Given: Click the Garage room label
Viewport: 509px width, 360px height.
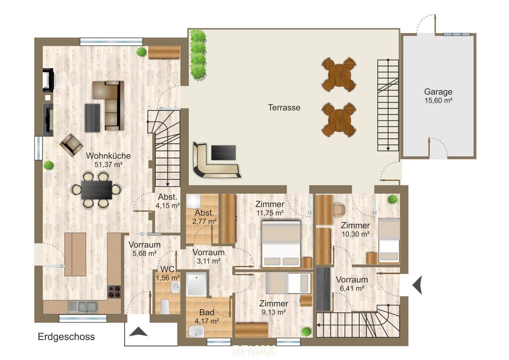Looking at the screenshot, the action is [438, 92].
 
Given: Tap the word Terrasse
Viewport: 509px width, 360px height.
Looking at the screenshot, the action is [284, 107].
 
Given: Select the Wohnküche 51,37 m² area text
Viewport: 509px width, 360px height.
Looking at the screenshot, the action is [108, 160].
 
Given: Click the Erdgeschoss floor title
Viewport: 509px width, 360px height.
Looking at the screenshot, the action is [66, 337].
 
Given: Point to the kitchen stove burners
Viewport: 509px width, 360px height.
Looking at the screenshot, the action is [114, 292].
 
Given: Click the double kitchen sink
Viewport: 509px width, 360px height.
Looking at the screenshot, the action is [83, 307].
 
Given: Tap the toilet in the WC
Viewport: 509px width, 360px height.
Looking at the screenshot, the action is [165, 307].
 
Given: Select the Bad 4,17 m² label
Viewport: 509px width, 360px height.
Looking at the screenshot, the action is [207, 317].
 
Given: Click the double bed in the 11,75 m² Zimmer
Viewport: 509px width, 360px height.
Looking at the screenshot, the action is [281, 244].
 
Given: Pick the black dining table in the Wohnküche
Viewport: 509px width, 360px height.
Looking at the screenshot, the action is [97, 190].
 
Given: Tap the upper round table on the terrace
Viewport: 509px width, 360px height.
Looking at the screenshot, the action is [339, 75].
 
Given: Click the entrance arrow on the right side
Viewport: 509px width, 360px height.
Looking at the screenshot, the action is [418, 285].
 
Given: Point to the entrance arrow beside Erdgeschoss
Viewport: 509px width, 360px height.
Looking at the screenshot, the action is [138, 332].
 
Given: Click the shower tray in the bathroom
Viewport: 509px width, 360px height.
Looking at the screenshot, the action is [196, 284].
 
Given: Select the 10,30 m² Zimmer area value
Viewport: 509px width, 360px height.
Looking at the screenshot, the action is [355, 234].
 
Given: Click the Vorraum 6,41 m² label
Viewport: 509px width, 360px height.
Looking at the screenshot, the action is [352, 284].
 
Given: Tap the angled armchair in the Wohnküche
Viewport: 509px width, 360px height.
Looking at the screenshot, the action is [71, 145].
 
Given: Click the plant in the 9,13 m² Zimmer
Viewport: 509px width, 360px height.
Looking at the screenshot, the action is [307, 332].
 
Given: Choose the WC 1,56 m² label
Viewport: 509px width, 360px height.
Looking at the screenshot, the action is [168, 273].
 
